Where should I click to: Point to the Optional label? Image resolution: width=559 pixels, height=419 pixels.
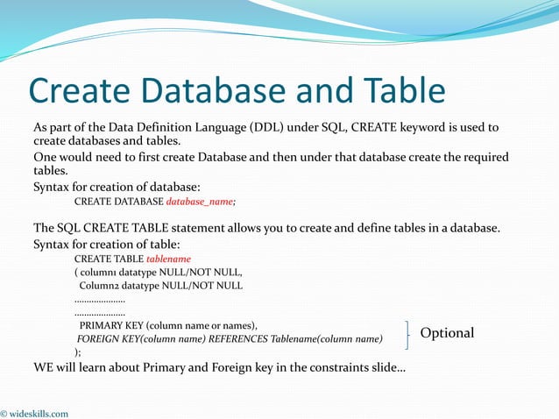[x=447, y=333]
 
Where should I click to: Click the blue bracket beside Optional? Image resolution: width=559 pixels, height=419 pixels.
[x=408, y=333]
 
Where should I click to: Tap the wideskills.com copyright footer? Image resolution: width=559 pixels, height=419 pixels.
[x=35, y=413]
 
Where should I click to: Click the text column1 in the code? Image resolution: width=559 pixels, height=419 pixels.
[x=102, y=273]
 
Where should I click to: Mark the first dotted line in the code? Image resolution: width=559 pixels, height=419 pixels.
[x=99, y=299]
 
